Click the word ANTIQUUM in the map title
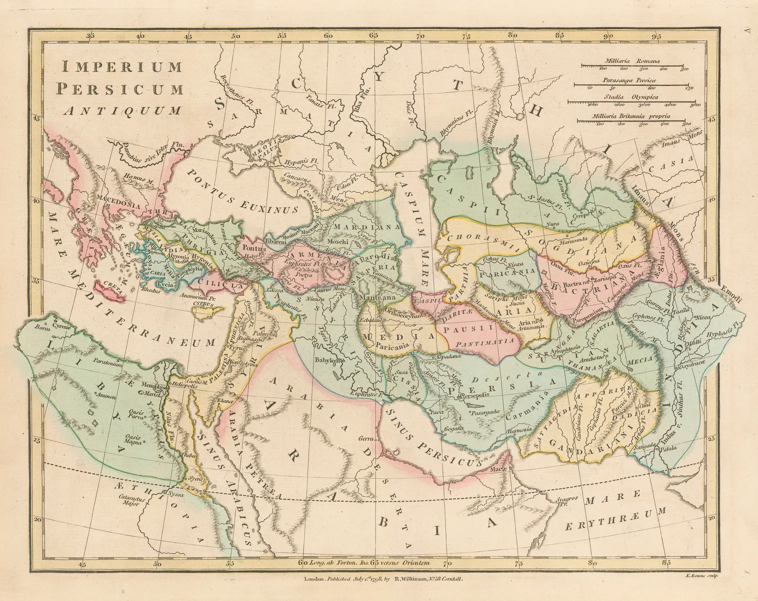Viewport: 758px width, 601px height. (x=123, y=111)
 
